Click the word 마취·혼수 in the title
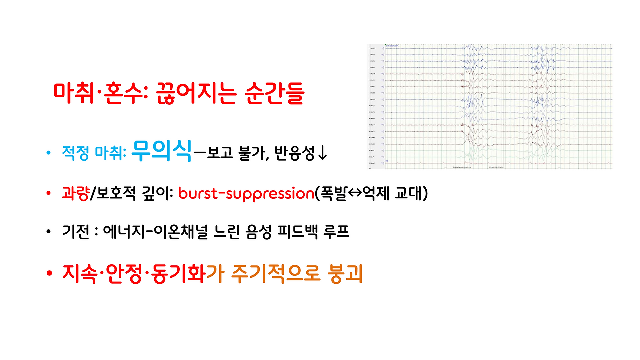point(98,93)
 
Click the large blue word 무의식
point(162,152)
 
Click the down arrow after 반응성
point(323,154)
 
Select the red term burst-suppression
point(245,193)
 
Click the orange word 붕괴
point(344,274)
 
